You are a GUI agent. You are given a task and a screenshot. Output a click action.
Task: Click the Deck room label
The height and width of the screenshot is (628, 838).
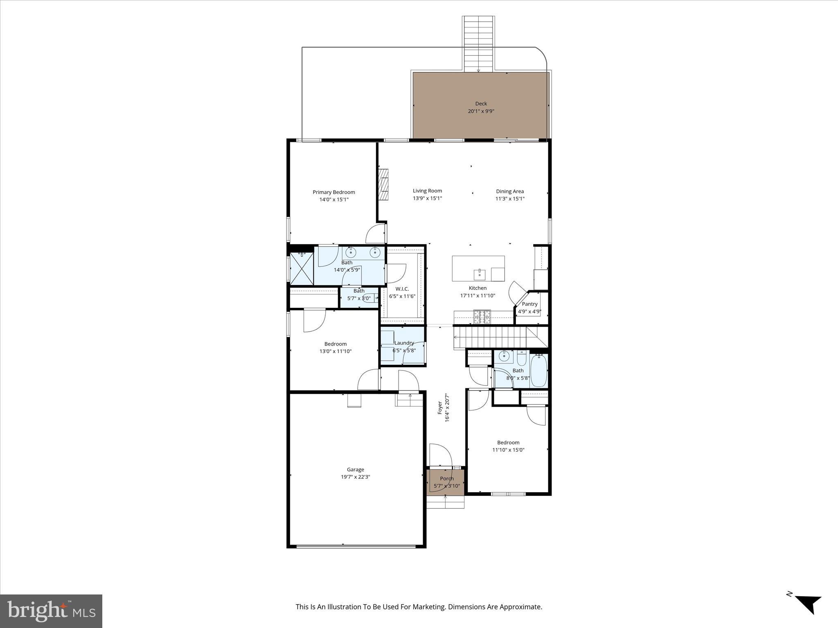point(481,104)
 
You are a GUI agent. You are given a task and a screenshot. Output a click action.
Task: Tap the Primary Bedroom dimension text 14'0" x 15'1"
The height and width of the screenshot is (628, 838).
point(334,200)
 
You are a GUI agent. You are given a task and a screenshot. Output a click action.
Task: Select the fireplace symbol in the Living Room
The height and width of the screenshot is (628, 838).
point(383,185)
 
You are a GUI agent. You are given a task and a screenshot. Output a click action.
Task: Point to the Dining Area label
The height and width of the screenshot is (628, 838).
point(509,191)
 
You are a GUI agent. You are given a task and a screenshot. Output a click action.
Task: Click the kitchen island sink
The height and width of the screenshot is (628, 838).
point(479,274)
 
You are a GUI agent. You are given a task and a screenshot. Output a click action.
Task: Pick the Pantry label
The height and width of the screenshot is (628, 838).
point(529,304)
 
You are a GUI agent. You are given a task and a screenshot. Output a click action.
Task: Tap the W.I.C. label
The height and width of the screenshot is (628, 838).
point(402,289)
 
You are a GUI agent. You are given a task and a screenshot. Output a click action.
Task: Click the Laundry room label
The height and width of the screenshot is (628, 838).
point(404,343)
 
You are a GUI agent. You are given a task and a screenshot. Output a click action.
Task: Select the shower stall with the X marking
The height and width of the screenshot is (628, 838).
point(302,269)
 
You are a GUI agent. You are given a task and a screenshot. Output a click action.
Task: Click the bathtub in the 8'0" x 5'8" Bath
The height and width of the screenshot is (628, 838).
point(538,371)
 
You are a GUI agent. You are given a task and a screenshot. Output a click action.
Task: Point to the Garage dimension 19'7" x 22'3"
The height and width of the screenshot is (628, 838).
point(355,477)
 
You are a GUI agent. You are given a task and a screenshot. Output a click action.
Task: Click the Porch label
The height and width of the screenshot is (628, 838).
point(446,479)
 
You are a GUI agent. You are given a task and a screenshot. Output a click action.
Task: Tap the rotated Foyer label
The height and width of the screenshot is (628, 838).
point(440,408)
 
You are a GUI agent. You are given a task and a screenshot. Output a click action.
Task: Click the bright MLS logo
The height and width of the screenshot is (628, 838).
point(51,611)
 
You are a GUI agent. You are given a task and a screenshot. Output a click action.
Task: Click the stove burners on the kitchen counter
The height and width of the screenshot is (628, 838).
point(482,317)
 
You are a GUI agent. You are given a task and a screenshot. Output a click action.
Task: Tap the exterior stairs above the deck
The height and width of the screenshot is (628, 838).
point(478,44)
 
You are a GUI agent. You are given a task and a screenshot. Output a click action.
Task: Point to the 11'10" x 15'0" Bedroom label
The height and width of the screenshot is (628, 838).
point(508,443)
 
